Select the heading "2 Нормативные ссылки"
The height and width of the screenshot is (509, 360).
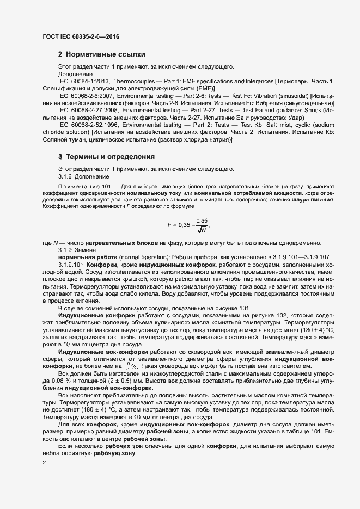[x=101, y=55]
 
